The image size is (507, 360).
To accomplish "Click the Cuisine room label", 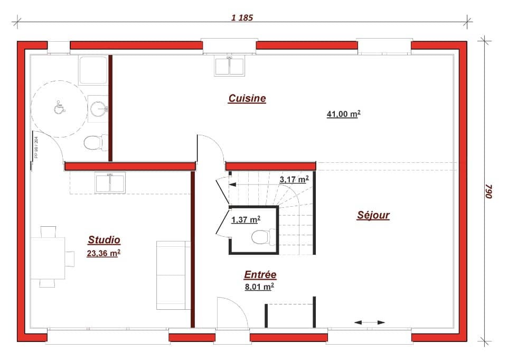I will click(x=247, y=98).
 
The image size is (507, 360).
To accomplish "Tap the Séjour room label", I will click(x=373, y=215).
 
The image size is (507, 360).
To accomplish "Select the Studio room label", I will click(x=104, y=241).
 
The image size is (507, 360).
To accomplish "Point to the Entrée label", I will click(x=260, y=275).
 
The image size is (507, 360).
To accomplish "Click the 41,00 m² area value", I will click(x=343, y=114).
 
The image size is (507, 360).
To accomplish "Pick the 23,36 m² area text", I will click(x=104, y=253).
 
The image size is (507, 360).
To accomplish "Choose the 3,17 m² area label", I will click(x=294, y=180).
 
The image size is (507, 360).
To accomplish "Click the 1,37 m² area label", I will click(x=246, y=219).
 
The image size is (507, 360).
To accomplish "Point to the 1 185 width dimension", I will click(x=242, y=17).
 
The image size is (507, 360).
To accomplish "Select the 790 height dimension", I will click(x=489, y=191).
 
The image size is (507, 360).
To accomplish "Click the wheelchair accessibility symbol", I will click(x=59, y=108).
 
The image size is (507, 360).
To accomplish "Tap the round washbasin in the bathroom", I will click(x=99, y=109).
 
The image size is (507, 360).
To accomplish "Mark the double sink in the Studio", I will click(x=110, y=182).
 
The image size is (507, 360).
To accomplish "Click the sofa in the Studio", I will click(x=173, y=275).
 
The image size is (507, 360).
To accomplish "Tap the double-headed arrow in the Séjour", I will click(x=370, y=322).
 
